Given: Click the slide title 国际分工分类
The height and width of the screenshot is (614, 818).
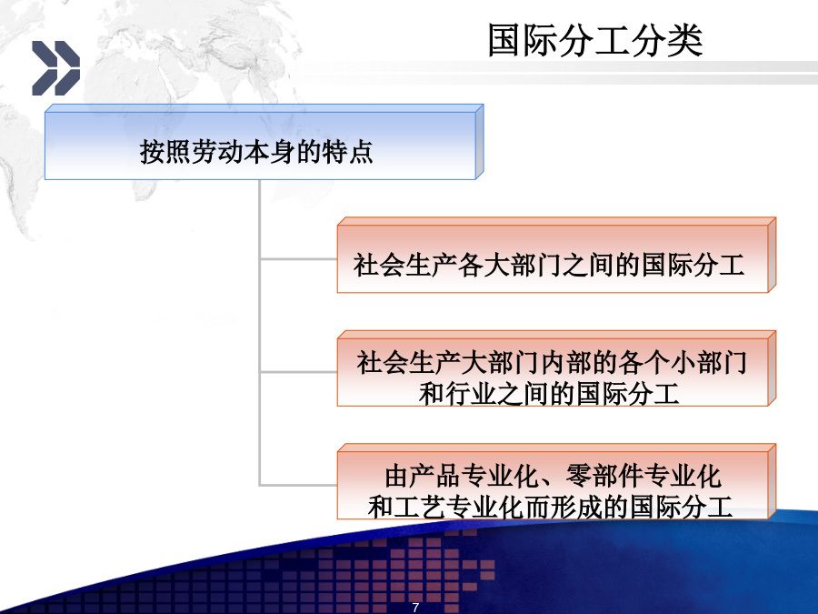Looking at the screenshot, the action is pyautogui.click(x=595, y=40).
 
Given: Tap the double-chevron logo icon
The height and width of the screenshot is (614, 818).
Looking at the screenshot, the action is pyautogui.click(x=55, y=68).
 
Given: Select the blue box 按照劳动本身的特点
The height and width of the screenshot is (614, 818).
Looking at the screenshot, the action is pyautogui.click(x=264, y=142).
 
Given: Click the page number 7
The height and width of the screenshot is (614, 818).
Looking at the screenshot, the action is pyautogui.click(x=415, y=608).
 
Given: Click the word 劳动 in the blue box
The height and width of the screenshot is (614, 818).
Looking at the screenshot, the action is pyautogui.click(x=218, y=152).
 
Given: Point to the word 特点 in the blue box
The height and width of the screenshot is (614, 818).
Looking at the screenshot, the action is pyautogui.click(x=348, y=152).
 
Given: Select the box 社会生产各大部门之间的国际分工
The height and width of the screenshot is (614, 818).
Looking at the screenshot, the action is pyautogui.click(x=556, y=255).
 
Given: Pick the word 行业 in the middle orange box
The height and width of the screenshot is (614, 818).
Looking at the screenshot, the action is pyautogui.click(x=471, y=394).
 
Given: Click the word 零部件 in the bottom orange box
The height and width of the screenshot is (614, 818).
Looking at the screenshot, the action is pyautogui.click(x=604, y=476).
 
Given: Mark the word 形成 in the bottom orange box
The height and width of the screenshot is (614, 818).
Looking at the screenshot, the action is pyautogui.click(x=577, y=507).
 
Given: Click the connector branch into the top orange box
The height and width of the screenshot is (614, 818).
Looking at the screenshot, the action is pyautogui.click(x=298, y=258).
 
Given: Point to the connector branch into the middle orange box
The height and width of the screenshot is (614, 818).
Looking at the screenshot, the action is pyautogui.click(x=298, y=372).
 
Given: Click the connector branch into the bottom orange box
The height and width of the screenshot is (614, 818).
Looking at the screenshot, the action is pyautogui.click(x=298, y=485).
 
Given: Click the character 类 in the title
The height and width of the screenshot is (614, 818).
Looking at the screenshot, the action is pyautogui.click(x=685, y=40).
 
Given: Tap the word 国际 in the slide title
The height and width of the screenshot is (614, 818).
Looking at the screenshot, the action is pyautogui.click(x=524, y=40).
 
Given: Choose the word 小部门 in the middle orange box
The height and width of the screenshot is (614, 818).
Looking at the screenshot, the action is pyautogui.click(x=708, y=362).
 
